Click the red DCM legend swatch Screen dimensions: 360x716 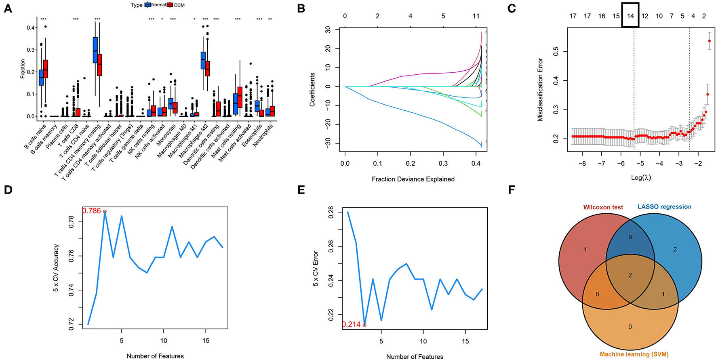[170, 5]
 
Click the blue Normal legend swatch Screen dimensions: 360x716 [147, 5]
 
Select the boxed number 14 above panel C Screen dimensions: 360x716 [630, 16]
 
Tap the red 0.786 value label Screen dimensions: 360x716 [92, 211]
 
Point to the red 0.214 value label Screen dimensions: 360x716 [351, 324]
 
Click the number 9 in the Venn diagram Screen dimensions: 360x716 [630, 238]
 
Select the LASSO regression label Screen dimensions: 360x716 [664, 206]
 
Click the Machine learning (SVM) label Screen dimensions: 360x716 [634, 354]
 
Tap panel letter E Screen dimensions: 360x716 [301, 190]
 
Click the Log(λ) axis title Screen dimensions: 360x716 [641, 177]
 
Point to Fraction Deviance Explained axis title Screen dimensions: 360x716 [413, 179]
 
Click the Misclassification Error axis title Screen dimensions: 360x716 [540, 90]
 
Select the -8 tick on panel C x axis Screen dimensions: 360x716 [582, 164]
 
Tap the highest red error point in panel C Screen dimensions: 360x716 [709, 41]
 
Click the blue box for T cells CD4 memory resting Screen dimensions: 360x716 [95, 50]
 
